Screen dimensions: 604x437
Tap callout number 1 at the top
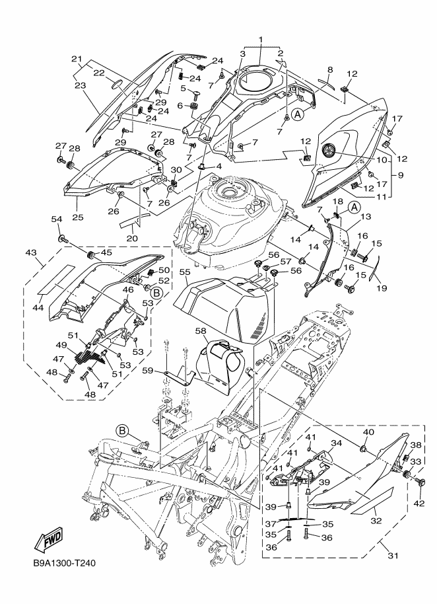261,40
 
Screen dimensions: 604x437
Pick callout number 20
133,238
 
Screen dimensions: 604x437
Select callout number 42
420,503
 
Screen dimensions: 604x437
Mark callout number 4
218,165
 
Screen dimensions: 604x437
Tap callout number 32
376,520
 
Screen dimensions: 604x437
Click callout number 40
368,432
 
